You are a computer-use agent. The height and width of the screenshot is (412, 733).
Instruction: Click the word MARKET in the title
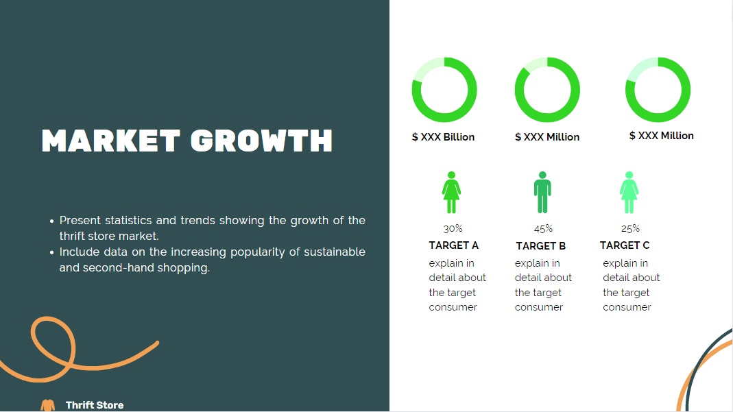click(x=111, y=141)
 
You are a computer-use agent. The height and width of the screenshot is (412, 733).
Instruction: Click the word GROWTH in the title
click(x=262, y=141)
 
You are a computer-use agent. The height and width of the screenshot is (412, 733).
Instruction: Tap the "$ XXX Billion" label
click(x=443, y=137)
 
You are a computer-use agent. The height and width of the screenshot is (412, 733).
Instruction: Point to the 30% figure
click(x=453, y=228)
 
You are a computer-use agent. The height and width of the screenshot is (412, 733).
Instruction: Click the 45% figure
click(x=543, y=229)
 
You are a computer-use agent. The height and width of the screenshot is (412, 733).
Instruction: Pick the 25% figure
click(x=630, y=229)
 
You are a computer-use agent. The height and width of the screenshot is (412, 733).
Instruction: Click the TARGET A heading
click(x=453, y=245)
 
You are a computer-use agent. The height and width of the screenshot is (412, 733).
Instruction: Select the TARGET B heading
click(x=541, y=245)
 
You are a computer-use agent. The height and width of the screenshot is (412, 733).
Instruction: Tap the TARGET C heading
click(x=625, y=245)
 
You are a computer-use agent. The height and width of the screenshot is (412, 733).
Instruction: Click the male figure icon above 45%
click(x=542, y=193)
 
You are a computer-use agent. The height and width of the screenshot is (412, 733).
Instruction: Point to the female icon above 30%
click(x=451, y=193)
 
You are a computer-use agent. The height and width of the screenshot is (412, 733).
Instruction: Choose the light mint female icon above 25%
click(x=629, y=193)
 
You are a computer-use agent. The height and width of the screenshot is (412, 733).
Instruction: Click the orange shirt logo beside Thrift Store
click(x=48, y=405)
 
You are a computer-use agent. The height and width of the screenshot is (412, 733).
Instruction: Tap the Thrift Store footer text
click(x=95, y=405)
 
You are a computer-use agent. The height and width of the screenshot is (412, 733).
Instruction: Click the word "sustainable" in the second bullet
click(x=335, y=252)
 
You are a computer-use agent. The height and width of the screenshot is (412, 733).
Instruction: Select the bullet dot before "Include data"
click(x=52, y=252)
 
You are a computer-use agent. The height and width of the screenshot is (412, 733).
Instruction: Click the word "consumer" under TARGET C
click(x=627, y=307)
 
